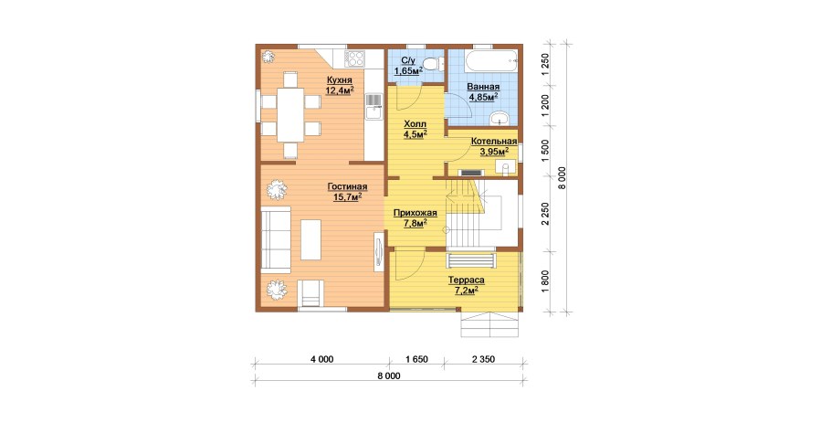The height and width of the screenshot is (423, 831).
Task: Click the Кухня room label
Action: (x=339, y=80)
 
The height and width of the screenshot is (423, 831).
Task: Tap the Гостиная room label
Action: (x=347, y=187)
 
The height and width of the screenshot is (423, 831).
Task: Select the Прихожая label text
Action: (x=415, y=213)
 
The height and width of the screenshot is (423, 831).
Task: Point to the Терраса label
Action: (x=467, y=280)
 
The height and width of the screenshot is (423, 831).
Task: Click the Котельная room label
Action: (x=494, y=141)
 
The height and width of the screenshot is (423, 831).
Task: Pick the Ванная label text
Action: (x=483, y=87)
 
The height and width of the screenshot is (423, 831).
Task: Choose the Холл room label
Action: (x=415, y=123)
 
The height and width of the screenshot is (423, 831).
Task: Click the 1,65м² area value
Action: (x=407, y=70)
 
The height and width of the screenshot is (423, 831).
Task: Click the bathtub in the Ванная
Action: (x=490, y=61)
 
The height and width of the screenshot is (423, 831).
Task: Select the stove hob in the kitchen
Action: (x=354, y=58)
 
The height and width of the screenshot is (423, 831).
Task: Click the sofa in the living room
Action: (x=276, y=239)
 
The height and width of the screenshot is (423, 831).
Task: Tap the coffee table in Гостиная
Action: (x=310, y=239)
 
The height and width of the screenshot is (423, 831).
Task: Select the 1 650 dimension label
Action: (x=416, y=359)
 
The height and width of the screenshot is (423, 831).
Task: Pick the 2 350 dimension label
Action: (x=482, y=359)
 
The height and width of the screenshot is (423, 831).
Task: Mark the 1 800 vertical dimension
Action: (x=545, y=280)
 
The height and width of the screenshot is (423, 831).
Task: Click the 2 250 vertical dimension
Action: (x=545, y=214)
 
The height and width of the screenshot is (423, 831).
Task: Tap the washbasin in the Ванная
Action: (x=499, y=118)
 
